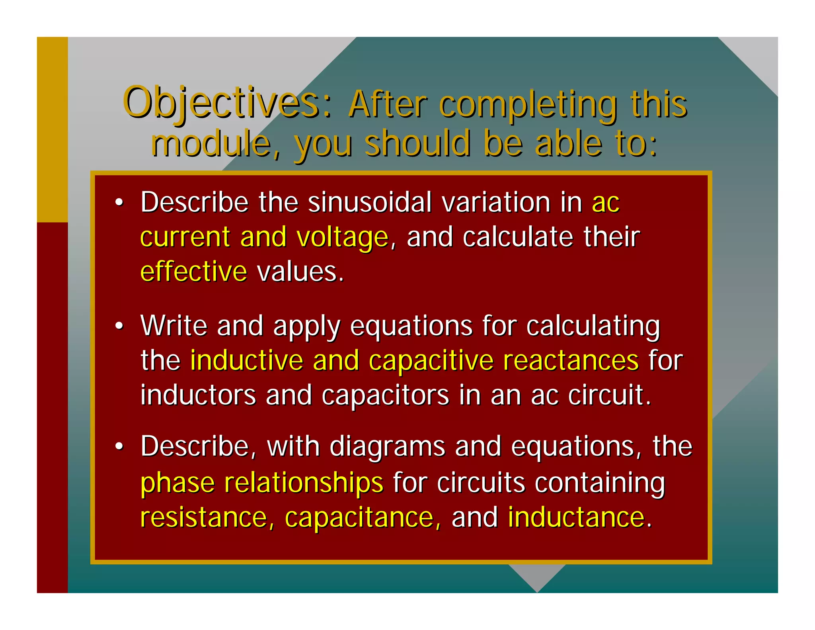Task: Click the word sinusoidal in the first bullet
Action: click(x=370, y=202)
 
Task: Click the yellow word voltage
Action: click(x=342, y=237)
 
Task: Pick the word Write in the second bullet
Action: click(x=174, y=326)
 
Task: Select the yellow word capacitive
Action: click(x=431, y=361)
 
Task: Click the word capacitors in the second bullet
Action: click(x=385, y=395)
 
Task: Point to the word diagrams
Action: click(x=387, y=446)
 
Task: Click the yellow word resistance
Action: click(x=203, y=517)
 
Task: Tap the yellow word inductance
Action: click(x=576, y=517)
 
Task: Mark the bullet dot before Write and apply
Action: click(x=119, y=326)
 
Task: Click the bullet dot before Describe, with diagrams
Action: click(x=119, y=447)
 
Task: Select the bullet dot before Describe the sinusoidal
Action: click(x=119, y=203)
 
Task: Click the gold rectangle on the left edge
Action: click(x=52, y=129)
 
